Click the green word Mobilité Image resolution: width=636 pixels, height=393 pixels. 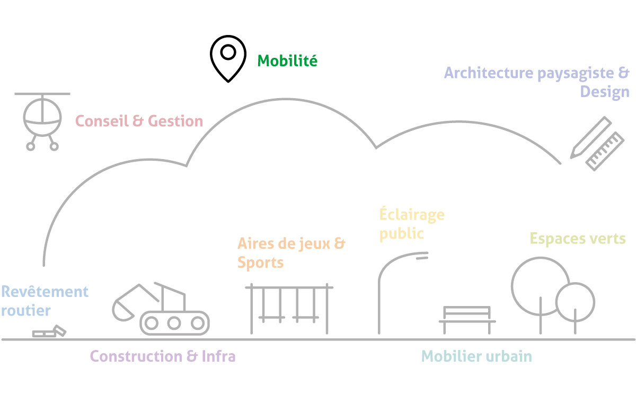click(287, 60)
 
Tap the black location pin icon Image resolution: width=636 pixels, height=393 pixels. click(228, 59)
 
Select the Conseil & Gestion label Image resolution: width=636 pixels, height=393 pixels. click(139, 121)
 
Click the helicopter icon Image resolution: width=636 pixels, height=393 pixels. click(42, 121)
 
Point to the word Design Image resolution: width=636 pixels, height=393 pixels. click(605, 92)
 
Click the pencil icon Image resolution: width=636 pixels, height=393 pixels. click(591, 137)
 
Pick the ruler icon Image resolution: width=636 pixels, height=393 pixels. click(605, 151)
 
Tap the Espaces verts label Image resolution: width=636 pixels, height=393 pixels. click(578, 238)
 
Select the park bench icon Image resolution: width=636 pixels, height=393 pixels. click(467, 320)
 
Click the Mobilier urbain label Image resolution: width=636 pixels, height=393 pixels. click(476, 356)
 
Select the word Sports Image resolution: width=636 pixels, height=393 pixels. click(260, 263)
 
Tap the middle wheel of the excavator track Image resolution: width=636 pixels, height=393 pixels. click(174, 323)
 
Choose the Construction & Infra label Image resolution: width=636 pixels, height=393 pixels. click(163, 356)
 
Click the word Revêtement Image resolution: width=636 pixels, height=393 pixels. click(45, 292)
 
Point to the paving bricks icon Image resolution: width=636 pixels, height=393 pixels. click(49, 331)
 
